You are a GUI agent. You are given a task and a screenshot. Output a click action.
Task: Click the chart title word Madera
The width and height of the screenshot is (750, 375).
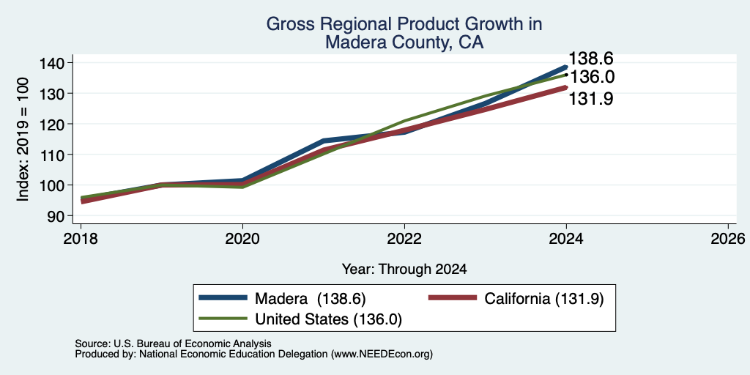point(350,42)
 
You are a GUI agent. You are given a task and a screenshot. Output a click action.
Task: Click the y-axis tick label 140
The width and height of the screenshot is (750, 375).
point(55,63)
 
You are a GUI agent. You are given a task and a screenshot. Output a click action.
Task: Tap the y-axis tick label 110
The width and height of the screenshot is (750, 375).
point(55,155)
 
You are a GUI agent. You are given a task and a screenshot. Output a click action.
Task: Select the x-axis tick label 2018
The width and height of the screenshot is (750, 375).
point(81,238)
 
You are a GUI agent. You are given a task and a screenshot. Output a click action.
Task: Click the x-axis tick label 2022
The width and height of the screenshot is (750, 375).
point(404,238)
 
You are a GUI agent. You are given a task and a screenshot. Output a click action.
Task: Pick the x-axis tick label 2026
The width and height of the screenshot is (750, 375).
point(729,238)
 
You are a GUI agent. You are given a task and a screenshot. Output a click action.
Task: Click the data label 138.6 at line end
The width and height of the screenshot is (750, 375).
point(591,59)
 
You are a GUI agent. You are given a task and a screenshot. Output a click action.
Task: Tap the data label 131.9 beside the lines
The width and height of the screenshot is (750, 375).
point(591,99)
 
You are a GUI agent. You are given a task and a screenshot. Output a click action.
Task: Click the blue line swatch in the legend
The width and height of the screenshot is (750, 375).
point(223,298)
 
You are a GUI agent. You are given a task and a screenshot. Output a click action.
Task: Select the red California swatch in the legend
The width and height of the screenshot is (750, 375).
point(453,298)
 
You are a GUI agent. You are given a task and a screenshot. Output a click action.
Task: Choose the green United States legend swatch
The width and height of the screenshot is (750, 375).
point(223,319)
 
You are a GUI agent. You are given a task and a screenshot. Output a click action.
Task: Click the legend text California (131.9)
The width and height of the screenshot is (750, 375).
point(544,299)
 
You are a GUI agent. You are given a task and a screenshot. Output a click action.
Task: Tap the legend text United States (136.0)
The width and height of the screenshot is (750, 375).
point(329,319)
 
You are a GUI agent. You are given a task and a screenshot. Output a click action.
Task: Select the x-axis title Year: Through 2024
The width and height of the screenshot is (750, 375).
point(404,270)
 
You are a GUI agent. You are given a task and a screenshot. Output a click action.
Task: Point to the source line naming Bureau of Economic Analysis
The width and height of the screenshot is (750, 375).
point(173,344)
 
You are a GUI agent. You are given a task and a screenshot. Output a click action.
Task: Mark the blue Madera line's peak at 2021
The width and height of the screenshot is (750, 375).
point(323,141)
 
